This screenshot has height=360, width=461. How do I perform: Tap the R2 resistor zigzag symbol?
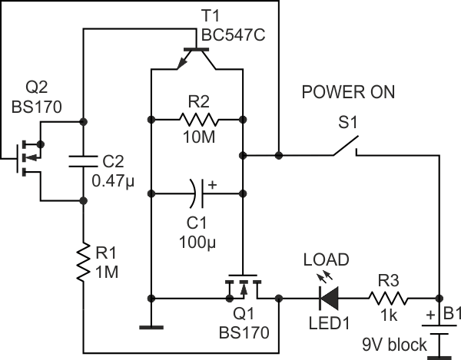[199, 119]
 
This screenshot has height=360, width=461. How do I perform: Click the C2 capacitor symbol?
[82, 160]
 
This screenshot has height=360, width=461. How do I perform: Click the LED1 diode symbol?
[330, 296]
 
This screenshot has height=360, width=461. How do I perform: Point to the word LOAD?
[326, 259]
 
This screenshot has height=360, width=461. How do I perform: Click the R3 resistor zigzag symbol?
[388, 296]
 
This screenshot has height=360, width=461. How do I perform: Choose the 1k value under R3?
[387, 315]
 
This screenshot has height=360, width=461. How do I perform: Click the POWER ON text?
[348, 93]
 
